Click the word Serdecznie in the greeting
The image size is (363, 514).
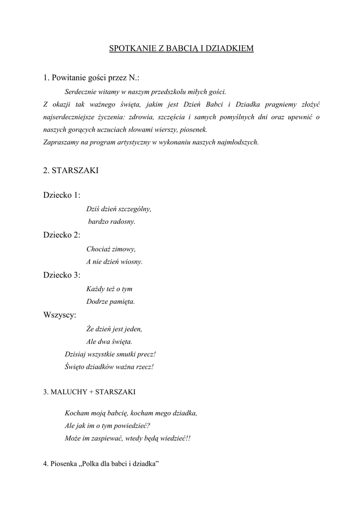tap(80, 92)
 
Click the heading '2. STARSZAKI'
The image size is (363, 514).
tap(71, 171)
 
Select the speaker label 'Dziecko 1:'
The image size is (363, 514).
tap(62, 195)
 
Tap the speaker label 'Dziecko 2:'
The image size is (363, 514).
tap(62, 235)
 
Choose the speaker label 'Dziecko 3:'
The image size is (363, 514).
tap(62, 275)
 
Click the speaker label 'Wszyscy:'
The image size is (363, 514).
tap(60, 315)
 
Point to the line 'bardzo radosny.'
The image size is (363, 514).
tap(112, 221)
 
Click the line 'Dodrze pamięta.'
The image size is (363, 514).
tap(110, 302)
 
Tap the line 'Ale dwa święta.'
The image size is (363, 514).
tap(109, 341)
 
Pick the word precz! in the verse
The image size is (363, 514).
tap(145, 354)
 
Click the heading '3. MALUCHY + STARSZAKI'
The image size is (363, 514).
tap(89, 392)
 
